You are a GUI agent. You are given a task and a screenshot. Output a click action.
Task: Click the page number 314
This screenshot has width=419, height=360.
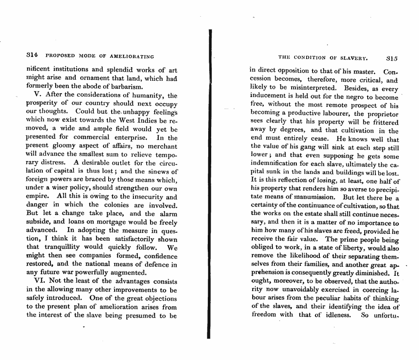(x=32, y=56)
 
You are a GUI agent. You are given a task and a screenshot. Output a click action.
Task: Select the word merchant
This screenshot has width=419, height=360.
(x=159, y=146)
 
